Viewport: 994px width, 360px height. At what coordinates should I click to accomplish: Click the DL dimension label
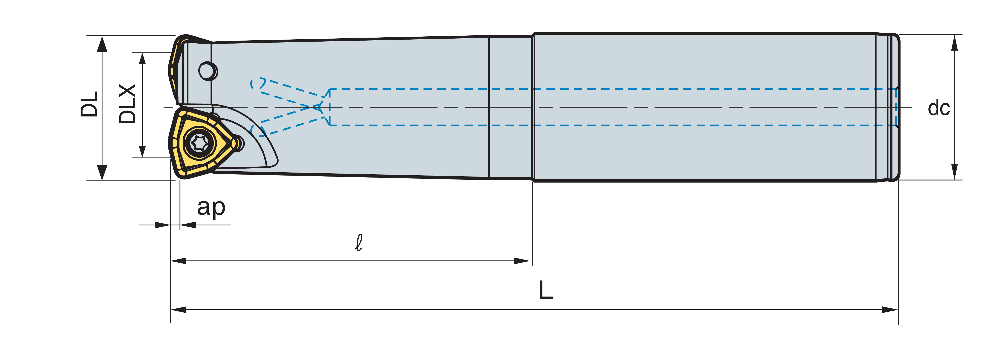pyautogui.click(x=89, y=104)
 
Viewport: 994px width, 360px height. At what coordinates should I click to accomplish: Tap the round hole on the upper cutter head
pyautogui.click(x=208, y=71)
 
